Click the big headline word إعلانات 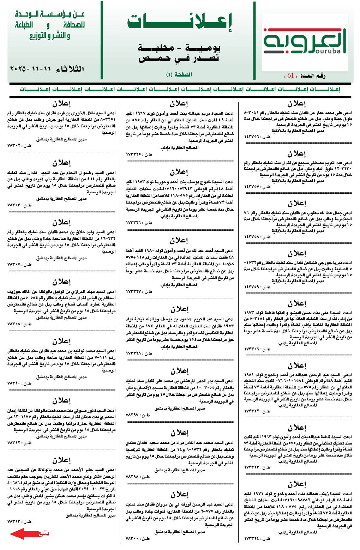[180, 22]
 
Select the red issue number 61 [290, 75]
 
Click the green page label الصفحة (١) [179, 74]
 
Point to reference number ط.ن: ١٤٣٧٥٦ [257, 137]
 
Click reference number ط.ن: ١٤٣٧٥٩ [257, 287]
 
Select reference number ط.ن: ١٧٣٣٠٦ [257, 349]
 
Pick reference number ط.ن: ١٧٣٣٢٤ [257, 538]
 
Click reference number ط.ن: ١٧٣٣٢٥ [139, 154]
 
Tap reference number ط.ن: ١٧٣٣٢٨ [139, 353]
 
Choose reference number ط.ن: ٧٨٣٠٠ [138, 538]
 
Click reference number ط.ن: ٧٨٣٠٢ [20, 145]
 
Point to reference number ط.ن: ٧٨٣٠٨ [20, 324]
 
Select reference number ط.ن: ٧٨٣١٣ [20, 521]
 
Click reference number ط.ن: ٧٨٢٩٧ [138, 415]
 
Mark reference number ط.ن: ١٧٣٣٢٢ [257, 411]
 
